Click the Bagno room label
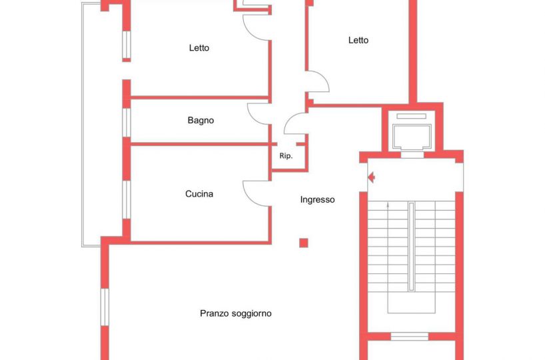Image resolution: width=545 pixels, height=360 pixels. click(x=201, y=121)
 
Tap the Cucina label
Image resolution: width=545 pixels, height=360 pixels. click(x=199, y=194)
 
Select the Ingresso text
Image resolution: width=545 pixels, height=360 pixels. click(x=317, y=199)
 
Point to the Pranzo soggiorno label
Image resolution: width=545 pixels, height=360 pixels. click(x=236, y=313)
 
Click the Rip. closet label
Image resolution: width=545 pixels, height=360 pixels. click(x=286, y=156)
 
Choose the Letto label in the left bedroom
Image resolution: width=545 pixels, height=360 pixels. click(x=199, y=47)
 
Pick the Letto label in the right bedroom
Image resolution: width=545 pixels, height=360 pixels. click(x=358, y=41)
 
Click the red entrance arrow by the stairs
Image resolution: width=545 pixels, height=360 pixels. click(x=371, y=177)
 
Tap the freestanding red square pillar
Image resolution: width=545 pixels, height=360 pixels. click(x=303, y=243)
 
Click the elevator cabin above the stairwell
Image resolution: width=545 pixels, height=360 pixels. click(x=412, y=137)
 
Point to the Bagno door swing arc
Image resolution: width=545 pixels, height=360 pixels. click(x=254, y=118)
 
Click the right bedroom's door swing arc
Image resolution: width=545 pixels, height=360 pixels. click(x=323, y=79)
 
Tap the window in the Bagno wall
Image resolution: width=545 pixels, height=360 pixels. click(x=127, y=123)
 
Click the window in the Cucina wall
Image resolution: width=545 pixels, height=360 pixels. click(x=127, y=199)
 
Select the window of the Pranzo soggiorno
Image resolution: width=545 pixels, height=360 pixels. click(x=105, y=307)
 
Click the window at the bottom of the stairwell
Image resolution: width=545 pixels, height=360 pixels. click(x=410, y=337)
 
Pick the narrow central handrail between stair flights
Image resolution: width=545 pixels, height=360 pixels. click(x=412, y=246)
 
